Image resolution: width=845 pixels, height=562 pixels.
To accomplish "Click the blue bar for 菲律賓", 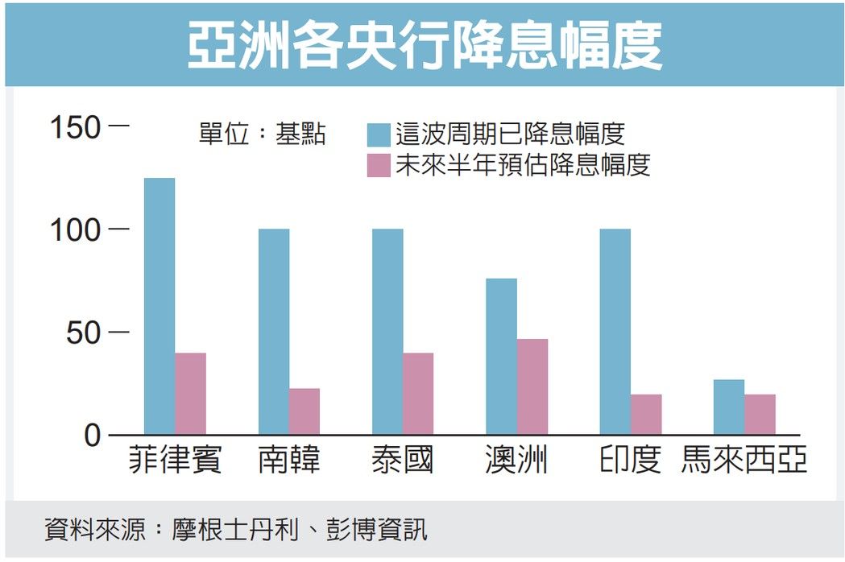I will pos(159,306).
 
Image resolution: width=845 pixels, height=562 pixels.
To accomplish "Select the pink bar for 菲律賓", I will pos(190,394).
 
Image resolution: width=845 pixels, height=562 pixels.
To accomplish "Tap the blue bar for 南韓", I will pos(274,332).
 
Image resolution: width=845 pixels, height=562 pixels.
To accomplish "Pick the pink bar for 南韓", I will pos(304,411).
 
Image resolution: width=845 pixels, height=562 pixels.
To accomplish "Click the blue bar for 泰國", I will pos(387,332).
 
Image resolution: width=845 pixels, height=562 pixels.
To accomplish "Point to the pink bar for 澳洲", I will pos(532,386).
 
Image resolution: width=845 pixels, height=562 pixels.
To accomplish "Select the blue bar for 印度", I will pos(615,332).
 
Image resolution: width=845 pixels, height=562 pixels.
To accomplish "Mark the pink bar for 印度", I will pos(646,415).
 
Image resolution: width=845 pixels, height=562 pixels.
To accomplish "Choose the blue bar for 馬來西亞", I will pos(729,407).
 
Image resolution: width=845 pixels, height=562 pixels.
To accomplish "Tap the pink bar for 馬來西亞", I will pos(760,415).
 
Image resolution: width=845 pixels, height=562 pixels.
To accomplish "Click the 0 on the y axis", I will pos(95,436).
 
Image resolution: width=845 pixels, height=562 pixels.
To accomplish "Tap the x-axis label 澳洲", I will pos(516,461).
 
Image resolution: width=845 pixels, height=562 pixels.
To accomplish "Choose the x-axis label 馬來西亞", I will pos(744,461).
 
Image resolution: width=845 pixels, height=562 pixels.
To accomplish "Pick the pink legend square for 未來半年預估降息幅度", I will pos(379,165).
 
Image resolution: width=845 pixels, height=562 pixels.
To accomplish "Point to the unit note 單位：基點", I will pos(262,134).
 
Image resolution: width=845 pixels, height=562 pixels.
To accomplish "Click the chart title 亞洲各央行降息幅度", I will pos(425,44).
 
